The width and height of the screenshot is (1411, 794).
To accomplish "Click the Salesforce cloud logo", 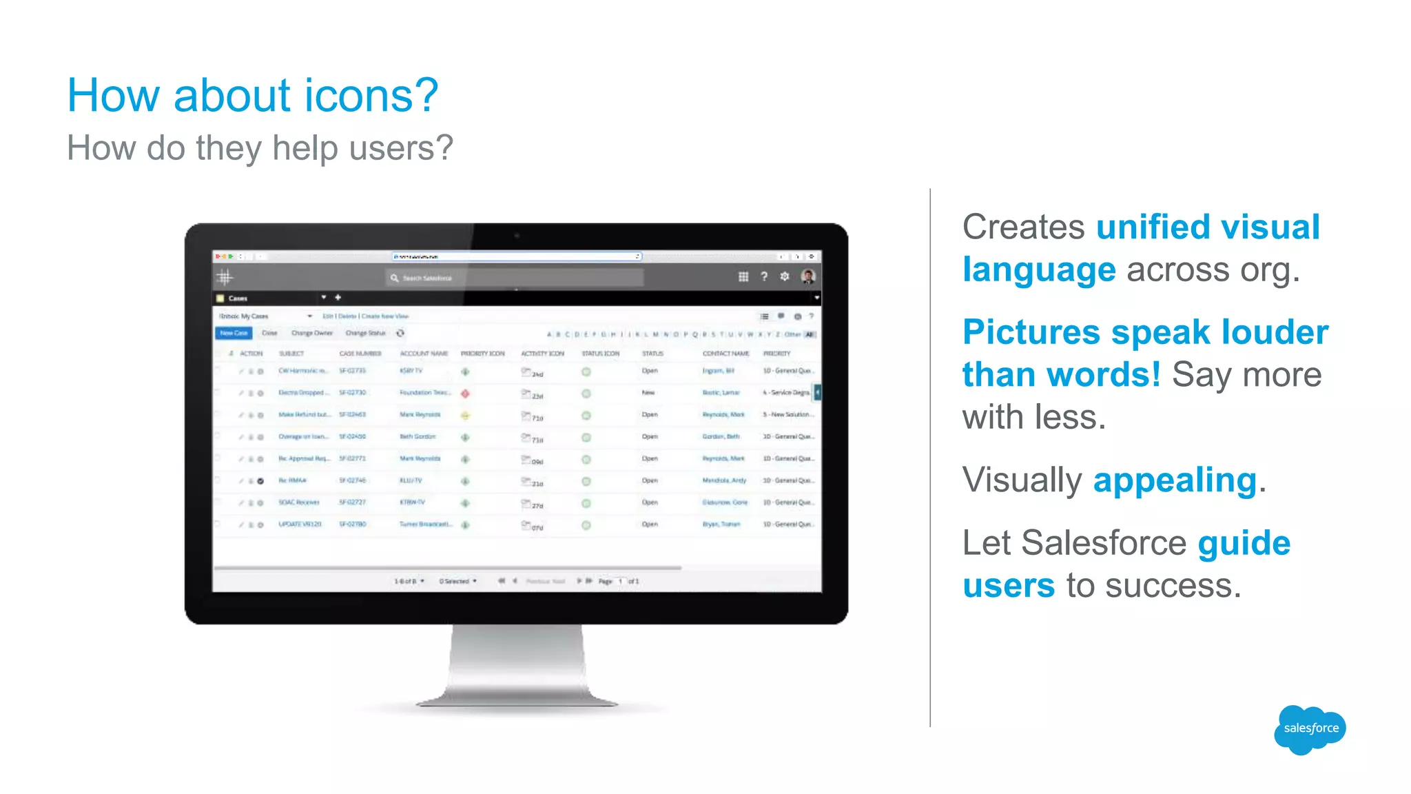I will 1310,729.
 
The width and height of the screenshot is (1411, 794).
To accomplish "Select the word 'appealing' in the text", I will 1175,480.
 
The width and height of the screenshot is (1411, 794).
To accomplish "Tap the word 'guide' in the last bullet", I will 1244,543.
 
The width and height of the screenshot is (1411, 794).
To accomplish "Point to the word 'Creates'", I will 1024,227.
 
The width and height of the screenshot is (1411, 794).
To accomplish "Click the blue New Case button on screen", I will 234,333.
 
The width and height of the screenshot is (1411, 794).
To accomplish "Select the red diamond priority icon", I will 465,394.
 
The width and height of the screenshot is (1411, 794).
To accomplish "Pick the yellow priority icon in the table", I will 465,416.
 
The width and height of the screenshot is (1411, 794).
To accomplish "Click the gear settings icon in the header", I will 784,276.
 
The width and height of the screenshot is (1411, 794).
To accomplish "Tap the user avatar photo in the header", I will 808,276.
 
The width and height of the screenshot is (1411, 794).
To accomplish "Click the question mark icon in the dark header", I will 763,276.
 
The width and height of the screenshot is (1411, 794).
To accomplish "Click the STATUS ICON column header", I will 600,354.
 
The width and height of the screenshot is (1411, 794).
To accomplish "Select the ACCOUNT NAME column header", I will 424,354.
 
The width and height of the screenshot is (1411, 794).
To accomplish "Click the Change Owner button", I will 311,333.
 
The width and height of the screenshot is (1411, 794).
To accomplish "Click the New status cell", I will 648,393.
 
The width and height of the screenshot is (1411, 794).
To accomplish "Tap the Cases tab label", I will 238,298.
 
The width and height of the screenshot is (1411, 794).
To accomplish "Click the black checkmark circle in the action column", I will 260,481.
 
